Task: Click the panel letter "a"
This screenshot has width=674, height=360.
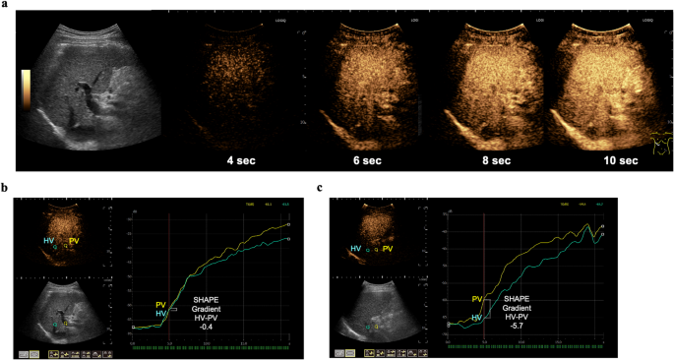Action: (5, 6)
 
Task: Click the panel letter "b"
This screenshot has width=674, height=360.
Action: (5, 186)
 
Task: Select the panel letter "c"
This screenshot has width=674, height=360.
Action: (339, 186)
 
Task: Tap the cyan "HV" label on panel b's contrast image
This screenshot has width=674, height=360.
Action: (47, 239)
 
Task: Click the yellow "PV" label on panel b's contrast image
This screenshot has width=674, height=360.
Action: (75, 239)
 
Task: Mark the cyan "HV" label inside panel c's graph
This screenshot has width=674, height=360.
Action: (477, 318)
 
